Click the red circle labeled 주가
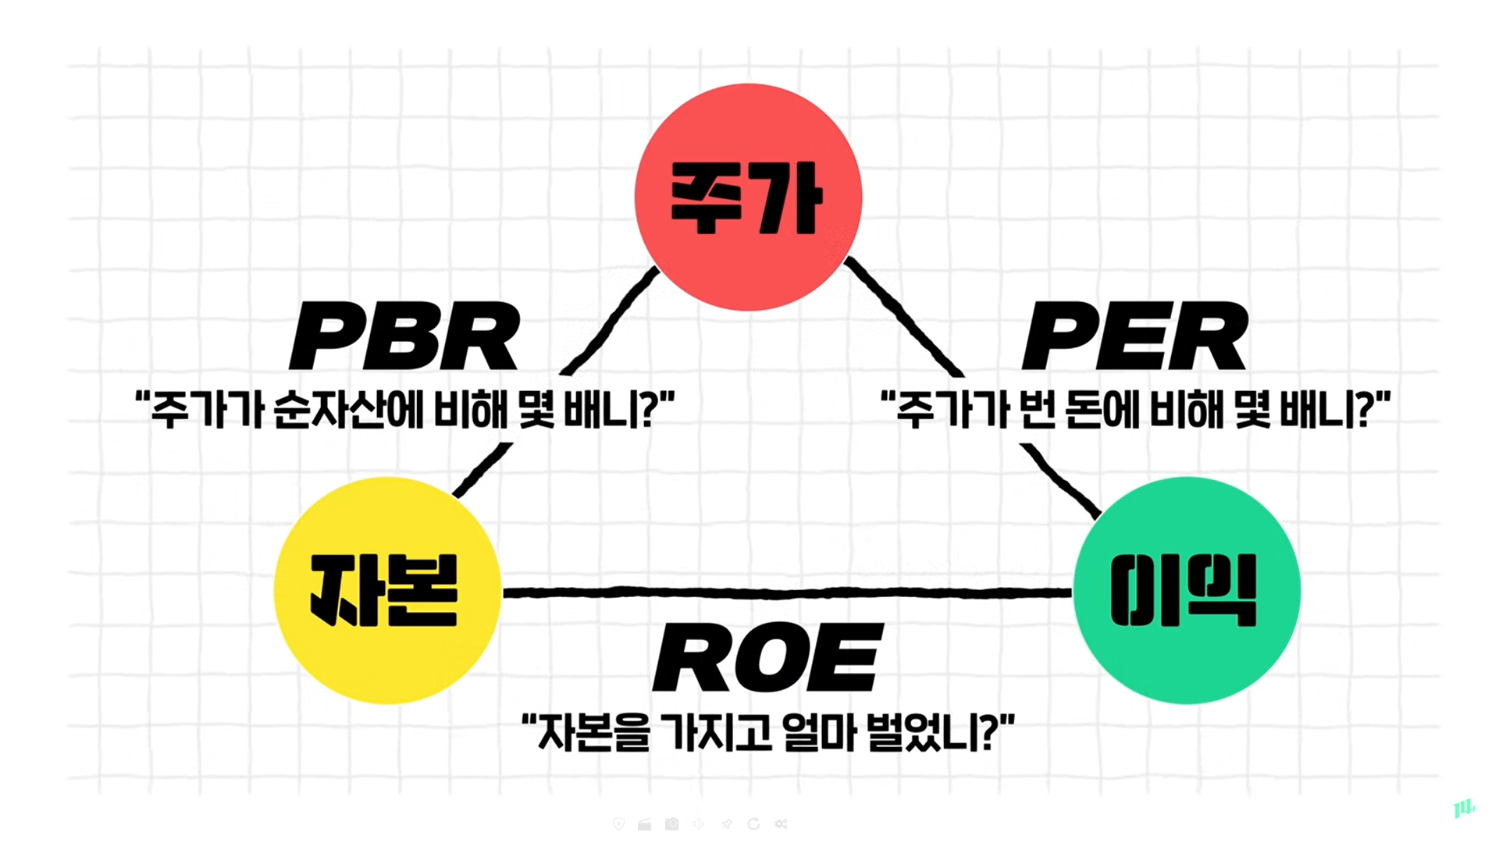pos(748,197)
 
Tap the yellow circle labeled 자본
pos(386,590)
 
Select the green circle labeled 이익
pos(1186,590)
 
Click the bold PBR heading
pos(404,336)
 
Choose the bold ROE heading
pos(767,657)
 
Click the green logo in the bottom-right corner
pos(1464,808)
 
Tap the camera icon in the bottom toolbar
pos(672,824)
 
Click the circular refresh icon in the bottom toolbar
pos(753,824)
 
